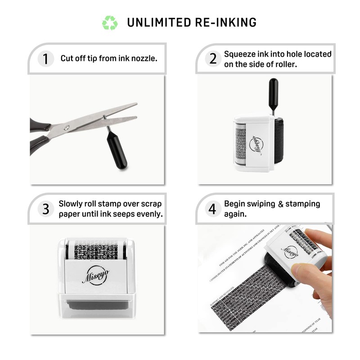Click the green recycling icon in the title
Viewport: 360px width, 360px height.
coord(110,22)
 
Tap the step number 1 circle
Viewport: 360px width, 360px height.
coord(45,59)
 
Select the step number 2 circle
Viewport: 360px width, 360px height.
coord(213,58)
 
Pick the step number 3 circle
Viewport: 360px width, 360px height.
coord(45,209)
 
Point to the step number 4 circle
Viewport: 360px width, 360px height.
coord(213,209)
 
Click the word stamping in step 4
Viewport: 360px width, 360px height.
coord(302,204)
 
